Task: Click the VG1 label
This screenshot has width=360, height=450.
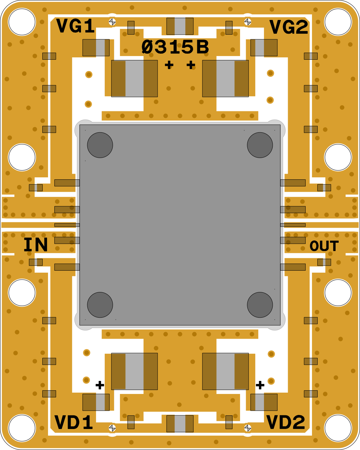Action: [76, 26]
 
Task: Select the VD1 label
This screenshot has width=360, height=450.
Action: [73, 422]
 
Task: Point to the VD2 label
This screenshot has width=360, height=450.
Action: [286, 422]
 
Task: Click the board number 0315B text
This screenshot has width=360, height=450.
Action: [175, 47]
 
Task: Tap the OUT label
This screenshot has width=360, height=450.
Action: [324, 246]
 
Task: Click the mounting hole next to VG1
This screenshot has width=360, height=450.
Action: [22, 22]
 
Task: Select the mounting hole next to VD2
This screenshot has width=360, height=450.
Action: [338, 428]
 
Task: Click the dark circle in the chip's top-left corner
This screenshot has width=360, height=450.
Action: [100, 145]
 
